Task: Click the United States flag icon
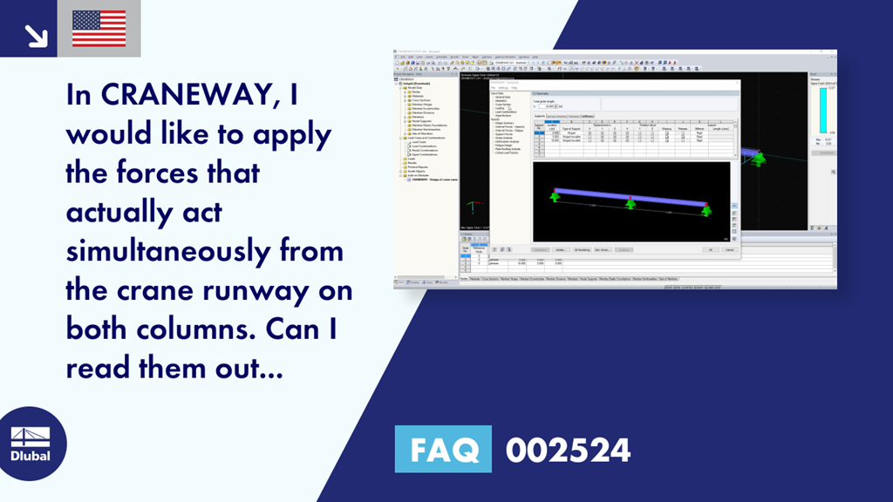(99, 28)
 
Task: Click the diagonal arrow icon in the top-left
(36, 35)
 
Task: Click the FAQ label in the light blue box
(443, 450)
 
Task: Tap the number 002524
(569, 450)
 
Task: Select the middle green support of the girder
(630, 204)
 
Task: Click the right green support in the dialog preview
(706, 211)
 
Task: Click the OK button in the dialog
(712, 249)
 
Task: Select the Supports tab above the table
(539, 116)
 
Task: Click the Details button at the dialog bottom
(561, 249)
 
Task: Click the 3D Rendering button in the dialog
(581, 249)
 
